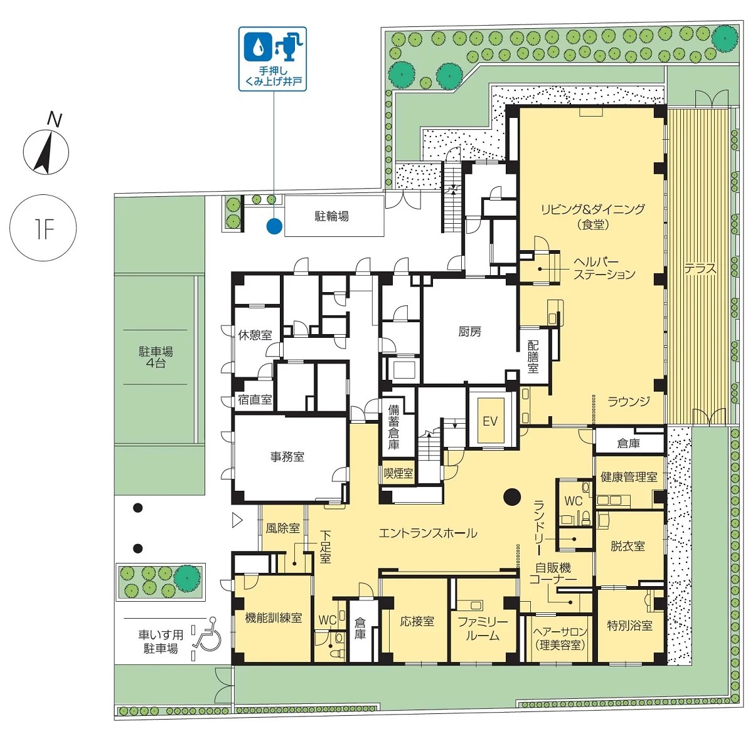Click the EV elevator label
(490, 421)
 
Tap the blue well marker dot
(274, 226)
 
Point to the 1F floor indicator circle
(43, 228)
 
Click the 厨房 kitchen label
(470, 332)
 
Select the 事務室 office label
(287, 457)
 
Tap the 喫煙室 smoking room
(398, 473)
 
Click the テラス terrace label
(700, 269)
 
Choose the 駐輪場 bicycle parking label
(331, 216)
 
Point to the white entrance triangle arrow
(237, 520)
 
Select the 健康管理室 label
(629, 477)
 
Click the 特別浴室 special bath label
(629, 625)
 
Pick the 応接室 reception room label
(417, 621)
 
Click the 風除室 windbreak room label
(282, 528)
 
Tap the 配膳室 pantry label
(533, 357)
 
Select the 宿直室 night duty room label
(255, 399)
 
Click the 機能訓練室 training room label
(274, 617)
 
